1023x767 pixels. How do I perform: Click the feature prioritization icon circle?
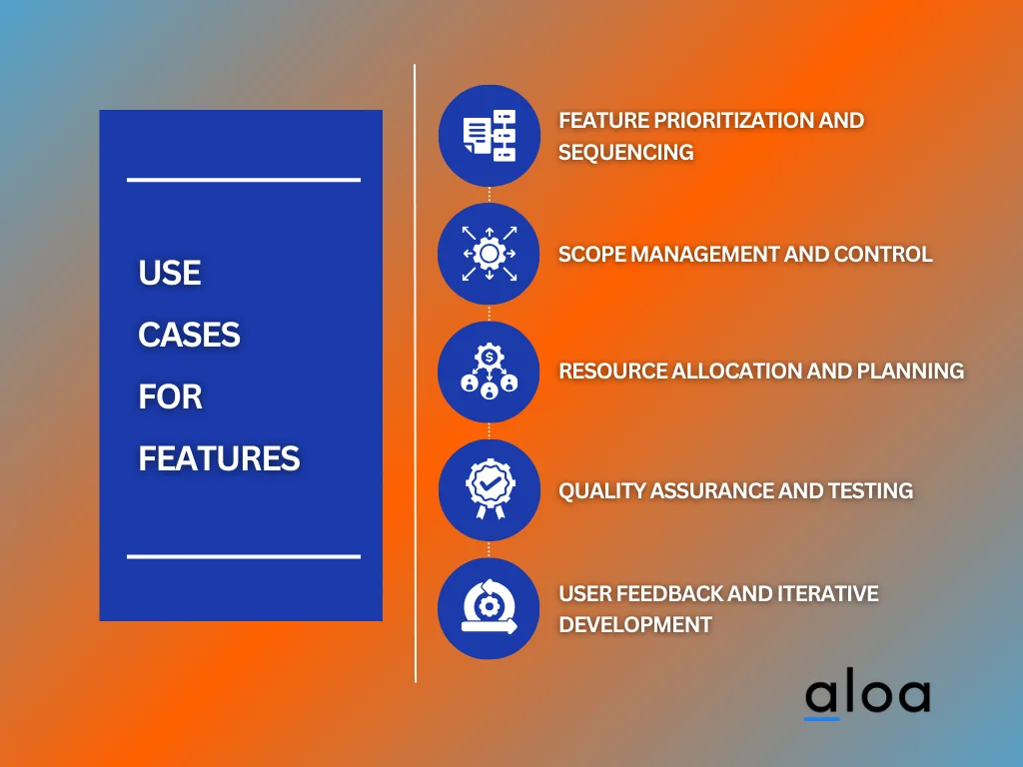489,135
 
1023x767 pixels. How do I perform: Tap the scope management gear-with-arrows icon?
489,254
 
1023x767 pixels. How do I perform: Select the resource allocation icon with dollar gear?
489,372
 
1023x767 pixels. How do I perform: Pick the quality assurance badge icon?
489,489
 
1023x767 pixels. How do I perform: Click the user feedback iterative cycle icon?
489,608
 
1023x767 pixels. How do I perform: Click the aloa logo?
866,696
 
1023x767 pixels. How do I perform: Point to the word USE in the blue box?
170,274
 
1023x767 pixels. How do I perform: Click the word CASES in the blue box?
189,336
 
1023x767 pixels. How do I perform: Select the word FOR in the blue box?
170,397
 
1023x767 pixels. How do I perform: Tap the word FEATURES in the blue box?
219,459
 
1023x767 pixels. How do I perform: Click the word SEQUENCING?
625,152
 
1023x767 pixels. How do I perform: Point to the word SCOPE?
591,254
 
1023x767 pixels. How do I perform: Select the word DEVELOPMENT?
635,625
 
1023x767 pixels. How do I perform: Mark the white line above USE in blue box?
243,180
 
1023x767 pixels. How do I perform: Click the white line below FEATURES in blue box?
243,556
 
